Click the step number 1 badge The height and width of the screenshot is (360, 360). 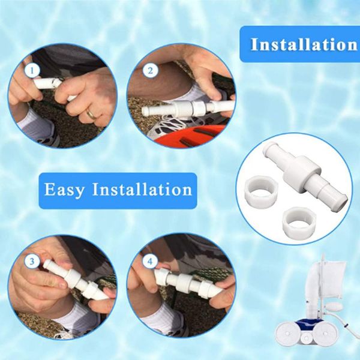(x=32, y=70)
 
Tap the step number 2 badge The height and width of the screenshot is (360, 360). (x=151, y=70)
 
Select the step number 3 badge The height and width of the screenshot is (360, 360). (x=32, y=262)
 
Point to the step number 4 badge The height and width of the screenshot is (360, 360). (x=150, y=262)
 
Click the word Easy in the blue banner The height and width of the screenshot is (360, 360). (x=64, y=190)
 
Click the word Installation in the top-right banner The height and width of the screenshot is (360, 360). (x=304, y=44)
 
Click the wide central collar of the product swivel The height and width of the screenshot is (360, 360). (x=302, y=171)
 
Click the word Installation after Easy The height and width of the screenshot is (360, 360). (x=142, y=190)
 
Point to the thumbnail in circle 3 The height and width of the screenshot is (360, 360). (x=61, y=284)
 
